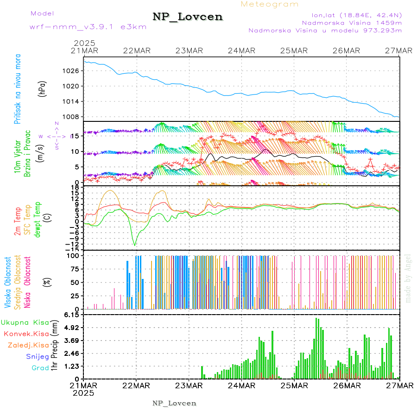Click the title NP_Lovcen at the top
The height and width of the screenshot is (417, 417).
[x=188, y=17]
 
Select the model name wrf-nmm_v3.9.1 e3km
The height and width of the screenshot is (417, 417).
[x=88, y=27]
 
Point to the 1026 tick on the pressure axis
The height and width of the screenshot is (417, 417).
[x=73, y=71]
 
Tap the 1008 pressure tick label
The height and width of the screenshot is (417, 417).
[x=73, y=117]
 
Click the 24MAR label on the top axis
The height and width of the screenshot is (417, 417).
[x=241, y=51]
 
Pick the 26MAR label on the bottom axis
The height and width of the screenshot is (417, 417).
[x=347, y=385]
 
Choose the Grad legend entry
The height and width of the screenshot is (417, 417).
[x=40, y=368]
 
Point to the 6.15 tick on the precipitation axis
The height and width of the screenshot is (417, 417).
[x=72, y=315]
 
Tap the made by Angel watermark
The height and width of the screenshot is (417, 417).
[x=408, y=278]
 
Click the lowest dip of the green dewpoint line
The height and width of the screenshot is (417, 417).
[x=135, y=245]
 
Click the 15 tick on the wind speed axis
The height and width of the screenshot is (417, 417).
[x=75, y=136]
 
